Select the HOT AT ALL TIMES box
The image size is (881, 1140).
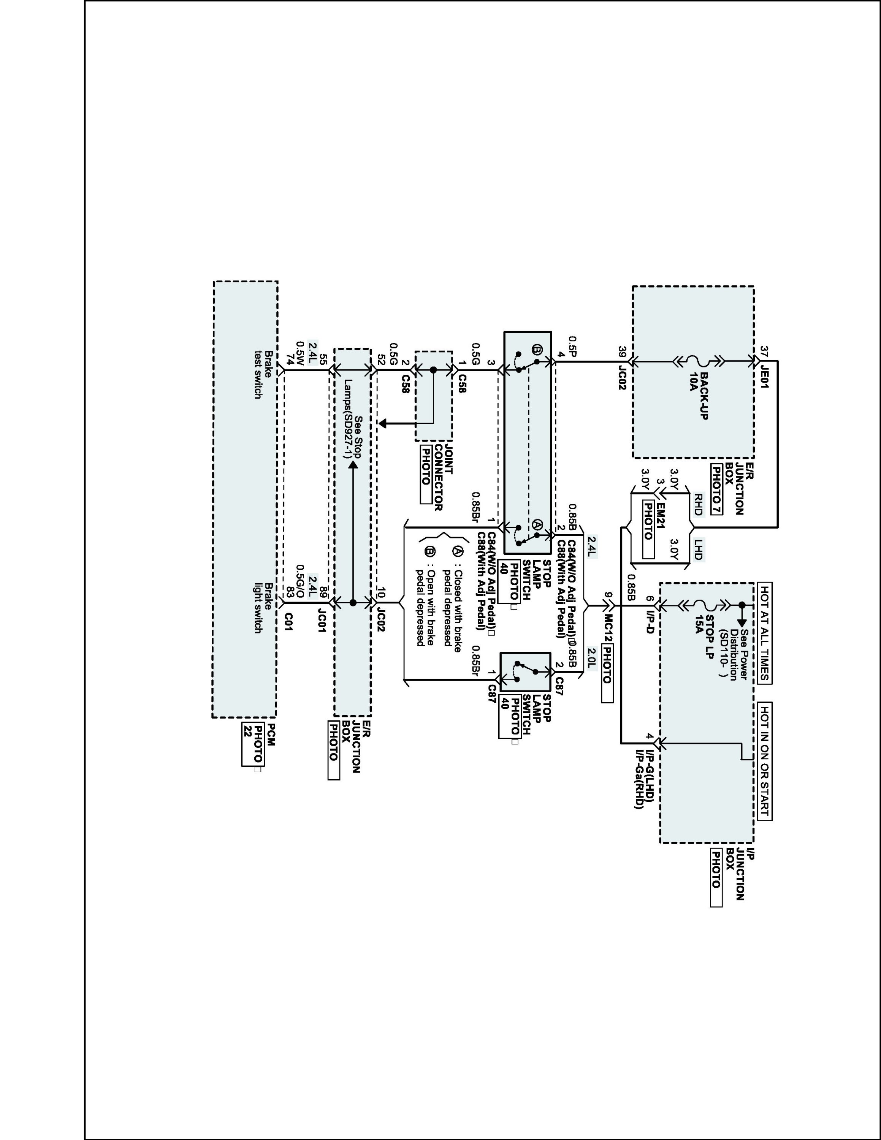pyautogui.click(x=764, y=633)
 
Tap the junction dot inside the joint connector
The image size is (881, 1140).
pyautogui.click(x=433, y=370)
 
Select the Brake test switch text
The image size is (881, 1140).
pyautogui.click(x=263, y=374)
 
